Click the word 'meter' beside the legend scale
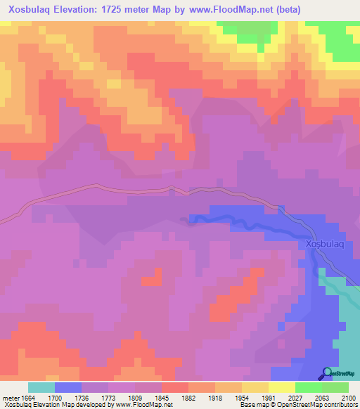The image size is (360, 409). (10, 398)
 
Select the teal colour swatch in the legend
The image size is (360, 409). (41, 387)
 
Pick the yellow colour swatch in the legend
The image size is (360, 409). (281, 387)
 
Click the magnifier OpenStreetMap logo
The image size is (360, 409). (327, 373)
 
